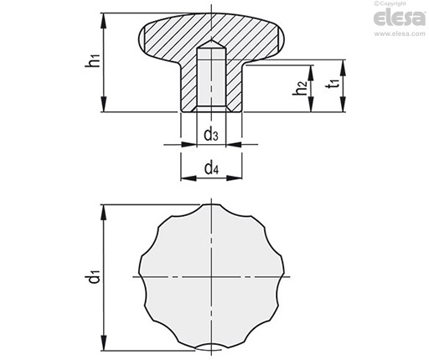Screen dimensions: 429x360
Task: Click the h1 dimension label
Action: click(x=93, y=61)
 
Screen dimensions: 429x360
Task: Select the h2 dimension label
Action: click(x=300, y=88)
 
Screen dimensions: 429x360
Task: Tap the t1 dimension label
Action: click(x=333, y=83)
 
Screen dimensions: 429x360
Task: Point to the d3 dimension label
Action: click(x=211, y=135)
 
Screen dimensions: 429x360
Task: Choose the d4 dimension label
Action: click(x=211, y=168)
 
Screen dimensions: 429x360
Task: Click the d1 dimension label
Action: click(x=93, y=275)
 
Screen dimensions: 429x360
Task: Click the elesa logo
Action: click(x=400, y=18)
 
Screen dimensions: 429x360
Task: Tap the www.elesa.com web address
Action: click(x=400, y=33)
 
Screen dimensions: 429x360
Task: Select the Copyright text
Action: click(x=390, y=3)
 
